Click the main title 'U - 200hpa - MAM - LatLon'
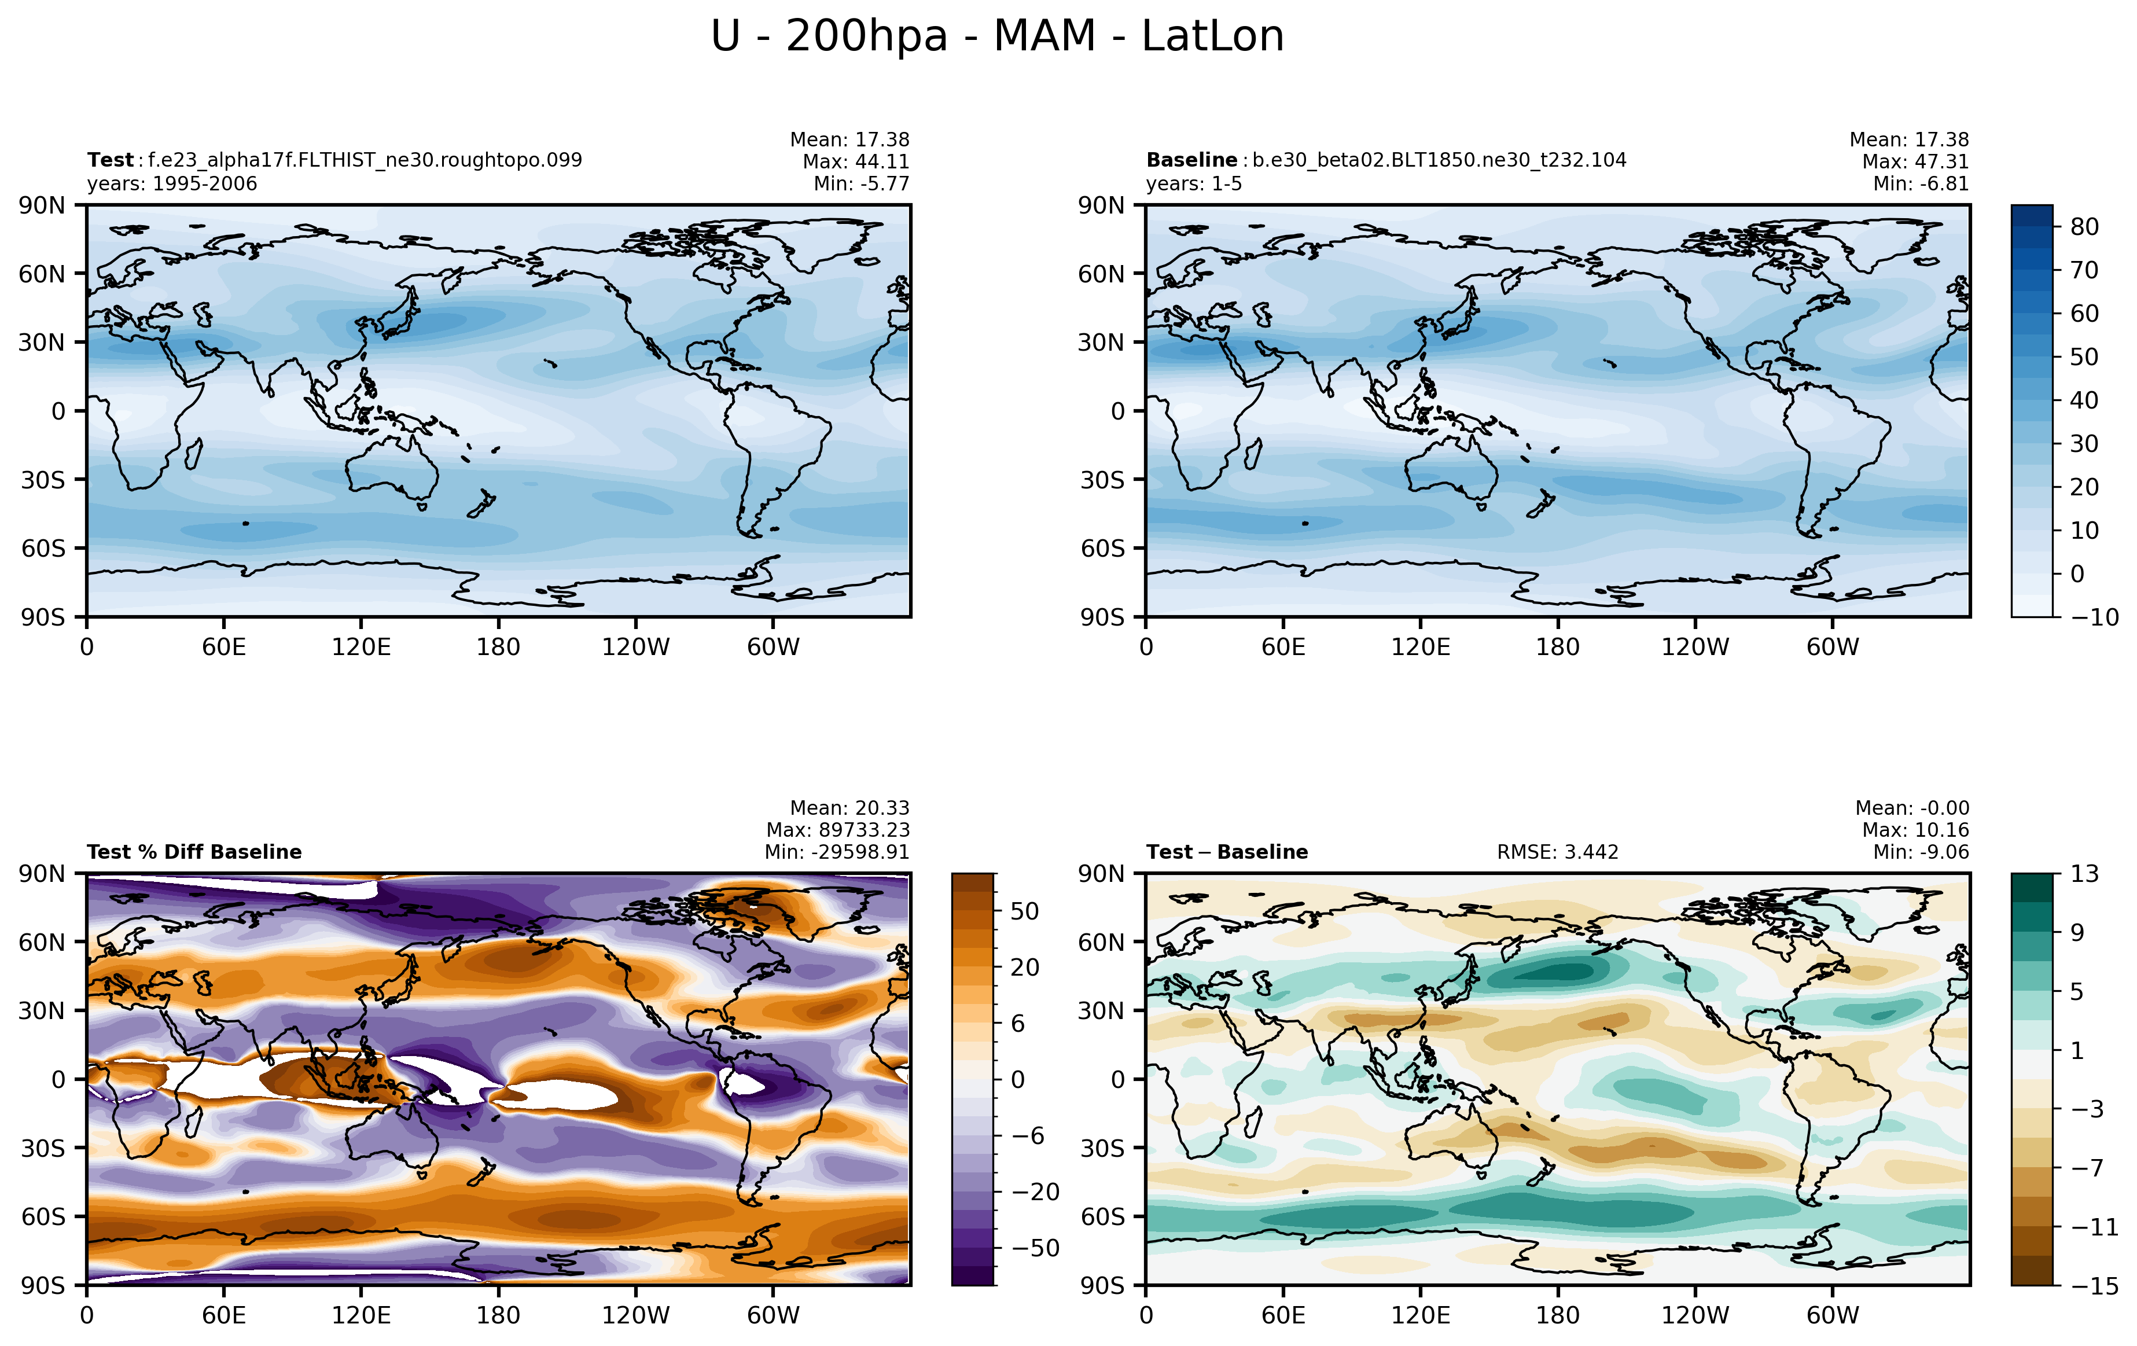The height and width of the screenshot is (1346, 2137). (x=998, y=36)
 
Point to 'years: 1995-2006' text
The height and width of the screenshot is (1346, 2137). (x=172, y=183)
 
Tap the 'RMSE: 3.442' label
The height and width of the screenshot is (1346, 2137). (x=1558, y=852)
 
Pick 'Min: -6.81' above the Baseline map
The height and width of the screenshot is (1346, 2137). (x=1921, y=183)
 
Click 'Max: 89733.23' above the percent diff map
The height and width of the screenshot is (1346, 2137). (x=838, y=830)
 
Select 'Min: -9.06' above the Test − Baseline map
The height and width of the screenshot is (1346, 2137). (x=1921, y=852)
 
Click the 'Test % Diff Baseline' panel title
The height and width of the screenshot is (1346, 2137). (x=194, y=852)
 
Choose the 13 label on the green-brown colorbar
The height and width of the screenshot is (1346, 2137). (x=2085, y=874)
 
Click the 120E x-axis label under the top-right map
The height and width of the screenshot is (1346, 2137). (x=1421, y=647)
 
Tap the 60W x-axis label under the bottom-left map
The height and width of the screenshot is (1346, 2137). (x=773, y=1315)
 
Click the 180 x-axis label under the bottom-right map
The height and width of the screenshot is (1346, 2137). (x=1558, y=1315)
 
